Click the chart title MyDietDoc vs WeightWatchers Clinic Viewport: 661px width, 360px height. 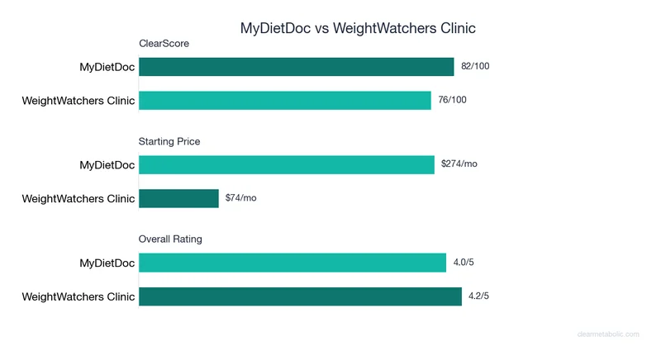click(358, 28)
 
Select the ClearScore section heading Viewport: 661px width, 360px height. click(164, 44)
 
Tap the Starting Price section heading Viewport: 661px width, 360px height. click(169, 141)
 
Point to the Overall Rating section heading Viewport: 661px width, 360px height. click(170, 239)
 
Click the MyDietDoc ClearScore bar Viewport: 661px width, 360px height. click(296, 67)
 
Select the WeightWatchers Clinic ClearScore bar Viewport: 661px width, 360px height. click(285, 101)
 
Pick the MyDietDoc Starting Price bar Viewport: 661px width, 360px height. click(287, 165)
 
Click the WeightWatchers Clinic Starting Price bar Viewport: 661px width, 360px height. click(178, 198)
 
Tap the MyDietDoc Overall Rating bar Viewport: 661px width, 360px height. click(292, 263)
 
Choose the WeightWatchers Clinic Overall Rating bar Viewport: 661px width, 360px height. click(300, 296)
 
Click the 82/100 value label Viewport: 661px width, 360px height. click(475, 66)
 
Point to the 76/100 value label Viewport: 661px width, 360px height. click(453, 101)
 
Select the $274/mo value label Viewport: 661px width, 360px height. click(459, 164)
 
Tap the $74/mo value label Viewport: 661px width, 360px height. click(241, 198)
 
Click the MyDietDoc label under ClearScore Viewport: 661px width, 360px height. click(107, 67)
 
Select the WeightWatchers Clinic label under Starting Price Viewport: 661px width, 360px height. click(78, 198)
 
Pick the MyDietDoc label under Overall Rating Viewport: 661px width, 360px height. click(107, 263)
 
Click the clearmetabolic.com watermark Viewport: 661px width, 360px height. click(608, 334)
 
